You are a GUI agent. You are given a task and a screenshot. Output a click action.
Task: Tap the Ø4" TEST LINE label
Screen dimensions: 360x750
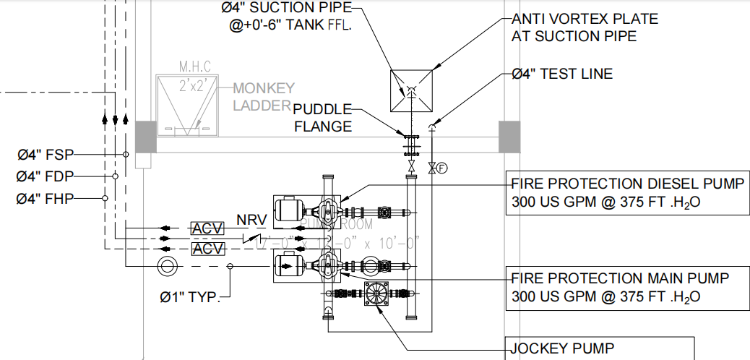pyautogui.click(x=561, y=74)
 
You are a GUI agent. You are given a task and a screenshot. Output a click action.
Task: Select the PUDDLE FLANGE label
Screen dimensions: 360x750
pyautogui.click(x=322, y=118)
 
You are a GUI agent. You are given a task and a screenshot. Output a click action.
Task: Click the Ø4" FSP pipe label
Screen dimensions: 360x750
pyautogui.click(x=45, y=155)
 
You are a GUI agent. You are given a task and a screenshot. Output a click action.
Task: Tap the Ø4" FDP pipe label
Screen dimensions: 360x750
pyautogui.click(x=45, y=176)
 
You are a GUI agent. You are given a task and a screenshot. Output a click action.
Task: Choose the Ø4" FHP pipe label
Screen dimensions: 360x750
pyautogui.click(x=45, y=198)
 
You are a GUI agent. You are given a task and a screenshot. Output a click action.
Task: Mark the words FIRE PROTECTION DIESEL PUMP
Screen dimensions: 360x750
pyautogui.click(x=626, y=183)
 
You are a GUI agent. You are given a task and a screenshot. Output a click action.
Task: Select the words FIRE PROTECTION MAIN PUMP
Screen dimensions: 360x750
pyautogui.click(x=620, y=278)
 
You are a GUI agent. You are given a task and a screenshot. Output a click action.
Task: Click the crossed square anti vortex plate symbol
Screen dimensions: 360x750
pyautogui.click(x=411, y=92)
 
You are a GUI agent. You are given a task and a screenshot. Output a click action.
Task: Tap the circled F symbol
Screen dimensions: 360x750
pyautogui.click(x=442, y=168)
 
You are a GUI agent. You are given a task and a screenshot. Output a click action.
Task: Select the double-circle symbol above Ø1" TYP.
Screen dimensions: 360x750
pyautogui.click(x=167, y=266)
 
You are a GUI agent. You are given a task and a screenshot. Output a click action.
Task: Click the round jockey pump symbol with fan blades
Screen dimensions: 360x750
pyautogui.click(x=376, y=293)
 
